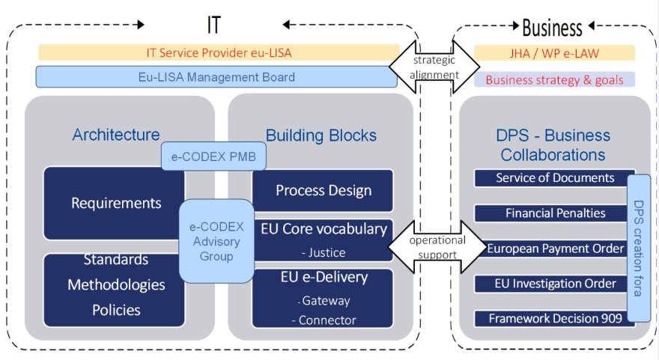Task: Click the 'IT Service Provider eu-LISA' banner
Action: (218, 53)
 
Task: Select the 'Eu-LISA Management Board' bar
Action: (216, 77)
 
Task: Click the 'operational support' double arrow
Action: (437, 246)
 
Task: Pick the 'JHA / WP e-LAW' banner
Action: (555, 53)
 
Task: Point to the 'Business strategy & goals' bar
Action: (555, 80)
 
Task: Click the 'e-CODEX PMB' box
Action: (213, 156)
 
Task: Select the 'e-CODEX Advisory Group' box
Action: (216, 241)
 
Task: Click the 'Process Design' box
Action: (323, 190)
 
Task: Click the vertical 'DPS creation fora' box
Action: (639, 248)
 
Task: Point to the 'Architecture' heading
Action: (116, 135)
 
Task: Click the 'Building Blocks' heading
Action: (321, 135)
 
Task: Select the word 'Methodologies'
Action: (116, 285)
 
